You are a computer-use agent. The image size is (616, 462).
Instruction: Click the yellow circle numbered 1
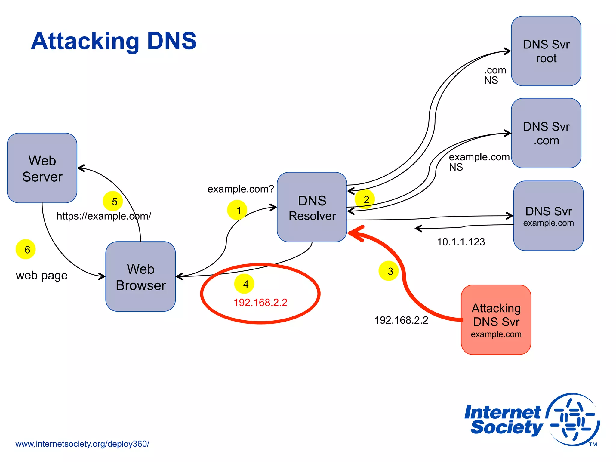point(237,210)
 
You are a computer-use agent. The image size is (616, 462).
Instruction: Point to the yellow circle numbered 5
point(113,201)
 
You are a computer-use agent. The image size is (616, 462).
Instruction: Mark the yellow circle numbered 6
point(26,249)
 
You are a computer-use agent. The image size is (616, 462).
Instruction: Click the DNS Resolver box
point(312,207)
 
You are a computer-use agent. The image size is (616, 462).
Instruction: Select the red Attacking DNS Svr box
point(496,320)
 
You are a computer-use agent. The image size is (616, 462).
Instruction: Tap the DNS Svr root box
point(546,51)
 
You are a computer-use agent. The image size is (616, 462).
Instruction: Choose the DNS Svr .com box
point(546,133)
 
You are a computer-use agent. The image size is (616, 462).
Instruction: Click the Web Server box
point(42,168)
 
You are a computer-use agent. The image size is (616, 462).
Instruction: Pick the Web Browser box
point(140,276)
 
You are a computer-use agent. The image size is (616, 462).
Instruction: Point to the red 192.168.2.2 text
point(260,303)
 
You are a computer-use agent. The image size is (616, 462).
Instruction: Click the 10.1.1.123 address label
point(461,242)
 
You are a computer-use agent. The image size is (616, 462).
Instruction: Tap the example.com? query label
point(241,189)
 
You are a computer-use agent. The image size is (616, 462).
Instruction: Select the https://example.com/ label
point(104,216)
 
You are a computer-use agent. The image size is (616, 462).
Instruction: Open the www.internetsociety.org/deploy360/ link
point(82,444)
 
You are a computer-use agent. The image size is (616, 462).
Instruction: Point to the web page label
point(42,276)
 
